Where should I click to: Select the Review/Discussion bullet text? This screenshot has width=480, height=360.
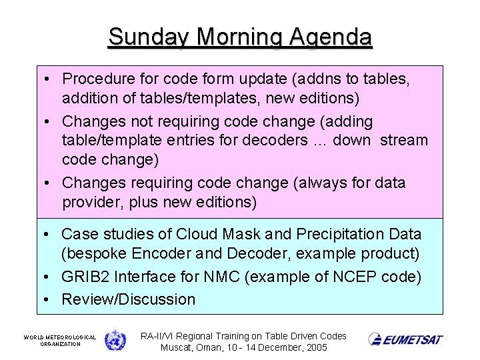pyautogui.click(x=128, y=299)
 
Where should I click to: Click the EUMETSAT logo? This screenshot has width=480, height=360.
pyautogui.click(x=405, y=339)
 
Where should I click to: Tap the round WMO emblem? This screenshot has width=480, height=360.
pyautogui.click(x=115, y=339)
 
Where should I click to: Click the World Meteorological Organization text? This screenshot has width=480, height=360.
pyautogui.click(x=60, y=340)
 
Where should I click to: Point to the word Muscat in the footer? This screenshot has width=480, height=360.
pyautogui.click(x=177, y=348)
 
